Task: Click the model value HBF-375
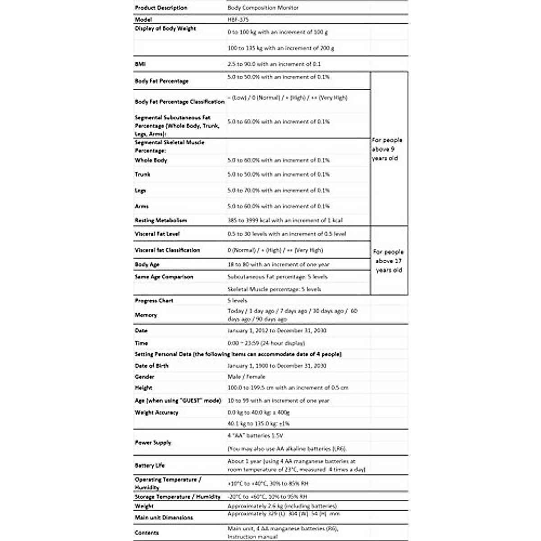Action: (238, 20)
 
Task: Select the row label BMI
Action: (140, 64)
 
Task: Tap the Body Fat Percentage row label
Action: (161, 81)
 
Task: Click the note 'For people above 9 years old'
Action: (387, 149)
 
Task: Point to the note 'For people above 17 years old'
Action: (388, 261)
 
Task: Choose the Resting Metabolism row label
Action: (160, 220)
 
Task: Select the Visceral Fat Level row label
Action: (157, 234)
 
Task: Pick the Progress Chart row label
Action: (154, 301)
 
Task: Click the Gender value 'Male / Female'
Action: (246, 377)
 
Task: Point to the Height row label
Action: (143, 388)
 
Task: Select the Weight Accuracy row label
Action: (156, 413)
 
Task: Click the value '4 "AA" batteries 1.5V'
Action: (255, 436)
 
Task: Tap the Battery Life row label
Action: (150, 465)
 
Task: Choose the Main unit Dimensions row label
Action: (164, 518)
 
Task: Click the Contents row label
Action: (147, 532)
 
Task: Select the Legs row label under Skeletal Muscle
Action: (140, 191)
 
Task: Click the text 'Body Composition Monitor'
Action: (263, 8)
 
